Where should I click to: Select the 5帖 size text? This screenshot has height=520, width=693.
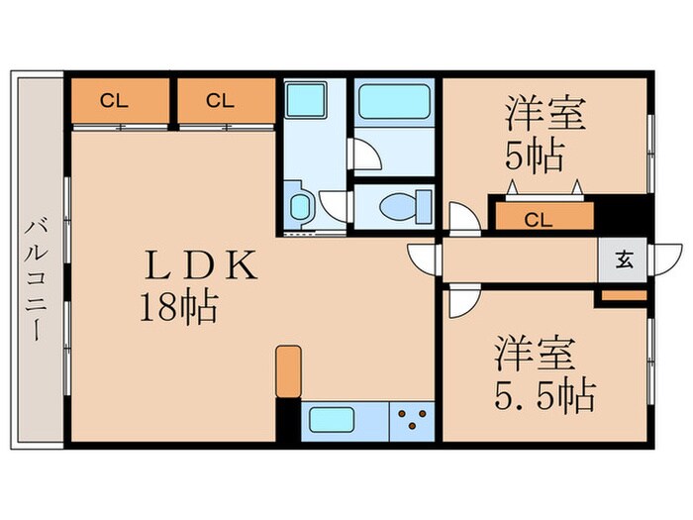534,156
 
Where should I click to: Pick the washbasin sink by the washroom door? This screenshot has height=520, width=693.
299,207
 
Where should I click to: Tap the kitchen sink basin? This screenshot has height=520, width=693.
332,419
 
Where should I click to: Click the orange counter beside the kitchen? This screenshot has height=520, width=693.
287,370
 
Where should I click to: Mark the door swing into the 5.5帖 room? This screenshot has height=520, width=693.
460,300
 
